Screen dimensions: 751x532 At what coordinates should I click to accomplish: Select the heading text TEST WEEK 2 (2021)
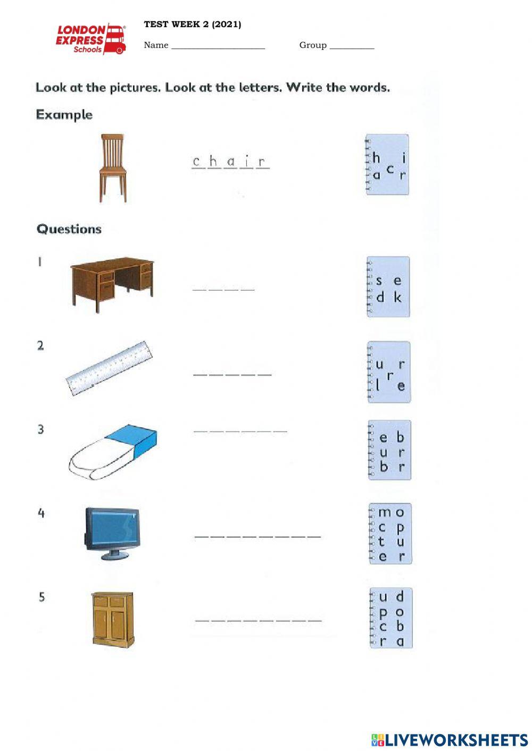click(192, 24)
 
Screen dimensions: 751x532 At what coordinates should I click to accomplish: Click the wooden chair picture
click(113, 167)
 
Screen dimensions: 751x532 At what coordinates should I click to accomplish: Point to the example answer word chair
click(230, 162)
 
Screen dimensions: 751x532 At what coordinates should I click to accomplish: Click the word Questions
click(69, 229)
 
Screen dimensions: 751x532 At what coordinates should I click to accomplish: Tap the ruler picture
click(109, 368)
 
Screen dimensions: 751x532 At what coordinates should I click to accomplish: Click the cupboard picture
click(112, 619)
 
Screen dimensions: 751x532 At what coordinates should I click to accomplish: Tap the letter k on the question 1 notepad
click(397, 297)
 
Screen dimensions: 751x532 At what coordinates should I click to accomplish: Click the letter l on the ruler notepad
click(378, 385)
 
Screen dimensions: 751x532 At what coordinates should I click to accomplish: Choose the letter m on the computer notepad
click(384, 513)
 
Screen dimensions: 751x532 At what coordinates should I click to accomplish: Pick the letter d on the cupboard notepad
click(400, 596)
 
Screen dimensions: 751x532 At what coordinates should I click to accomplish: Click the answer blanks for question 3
click(240, 430)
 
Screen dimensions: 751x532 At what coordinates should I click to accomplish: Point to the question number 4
click(41, 513)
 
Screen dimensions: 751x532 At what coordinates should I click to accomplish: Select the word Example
click(64, 115)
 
